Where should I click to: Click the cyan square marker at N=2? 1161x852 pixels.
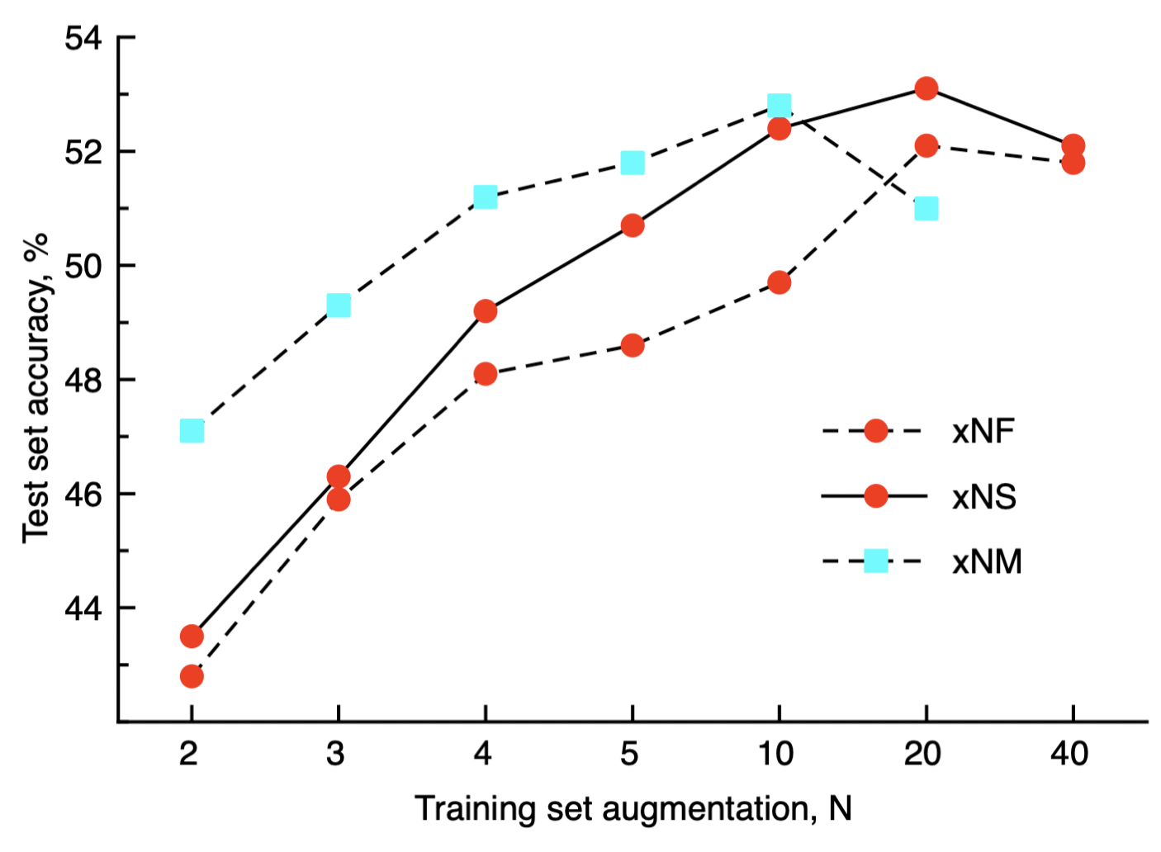pos(192,431)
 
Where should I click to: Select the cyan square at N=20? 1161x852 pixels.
pos(926,209)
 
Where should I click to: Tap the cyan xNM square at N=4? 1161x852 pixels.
pos(486,197)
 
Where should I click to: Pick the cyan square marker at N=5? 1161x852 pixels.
pos(633,163)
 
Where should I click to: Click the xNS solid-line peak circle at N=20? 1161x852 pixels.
pos(926,88)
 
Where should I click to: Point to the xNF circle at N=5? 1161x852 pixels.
pos(633,346)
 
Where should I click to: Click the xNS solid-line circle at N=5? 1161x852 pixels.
pos(633,225)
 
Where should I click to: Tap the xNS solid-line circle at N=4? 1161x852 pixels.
pos(486,311)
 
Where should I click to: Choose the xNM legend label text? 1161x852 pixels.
pos(987,562)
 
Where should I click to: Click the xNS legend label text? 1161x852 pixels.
pos(983,497)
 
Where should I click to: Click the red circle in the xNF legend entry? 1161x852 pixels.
pos(875,431)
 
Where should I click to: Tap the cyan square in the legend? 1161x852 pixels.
pos(875,562)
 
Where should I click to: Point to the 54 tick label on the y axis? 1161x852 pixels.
pos(83,39)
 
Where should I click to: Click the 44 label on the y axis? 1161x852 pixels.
pos(83,609)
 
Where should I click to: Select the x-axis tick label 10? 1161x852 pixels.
pos(776,754)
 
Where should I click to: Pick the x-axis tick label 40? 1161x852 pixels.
pos(1070,754)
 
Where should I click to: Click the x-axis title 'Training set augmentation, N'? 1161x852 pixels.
pos(633,809)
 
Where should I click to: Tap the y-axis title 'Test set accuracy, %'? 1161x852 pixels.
pos(36,388)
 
